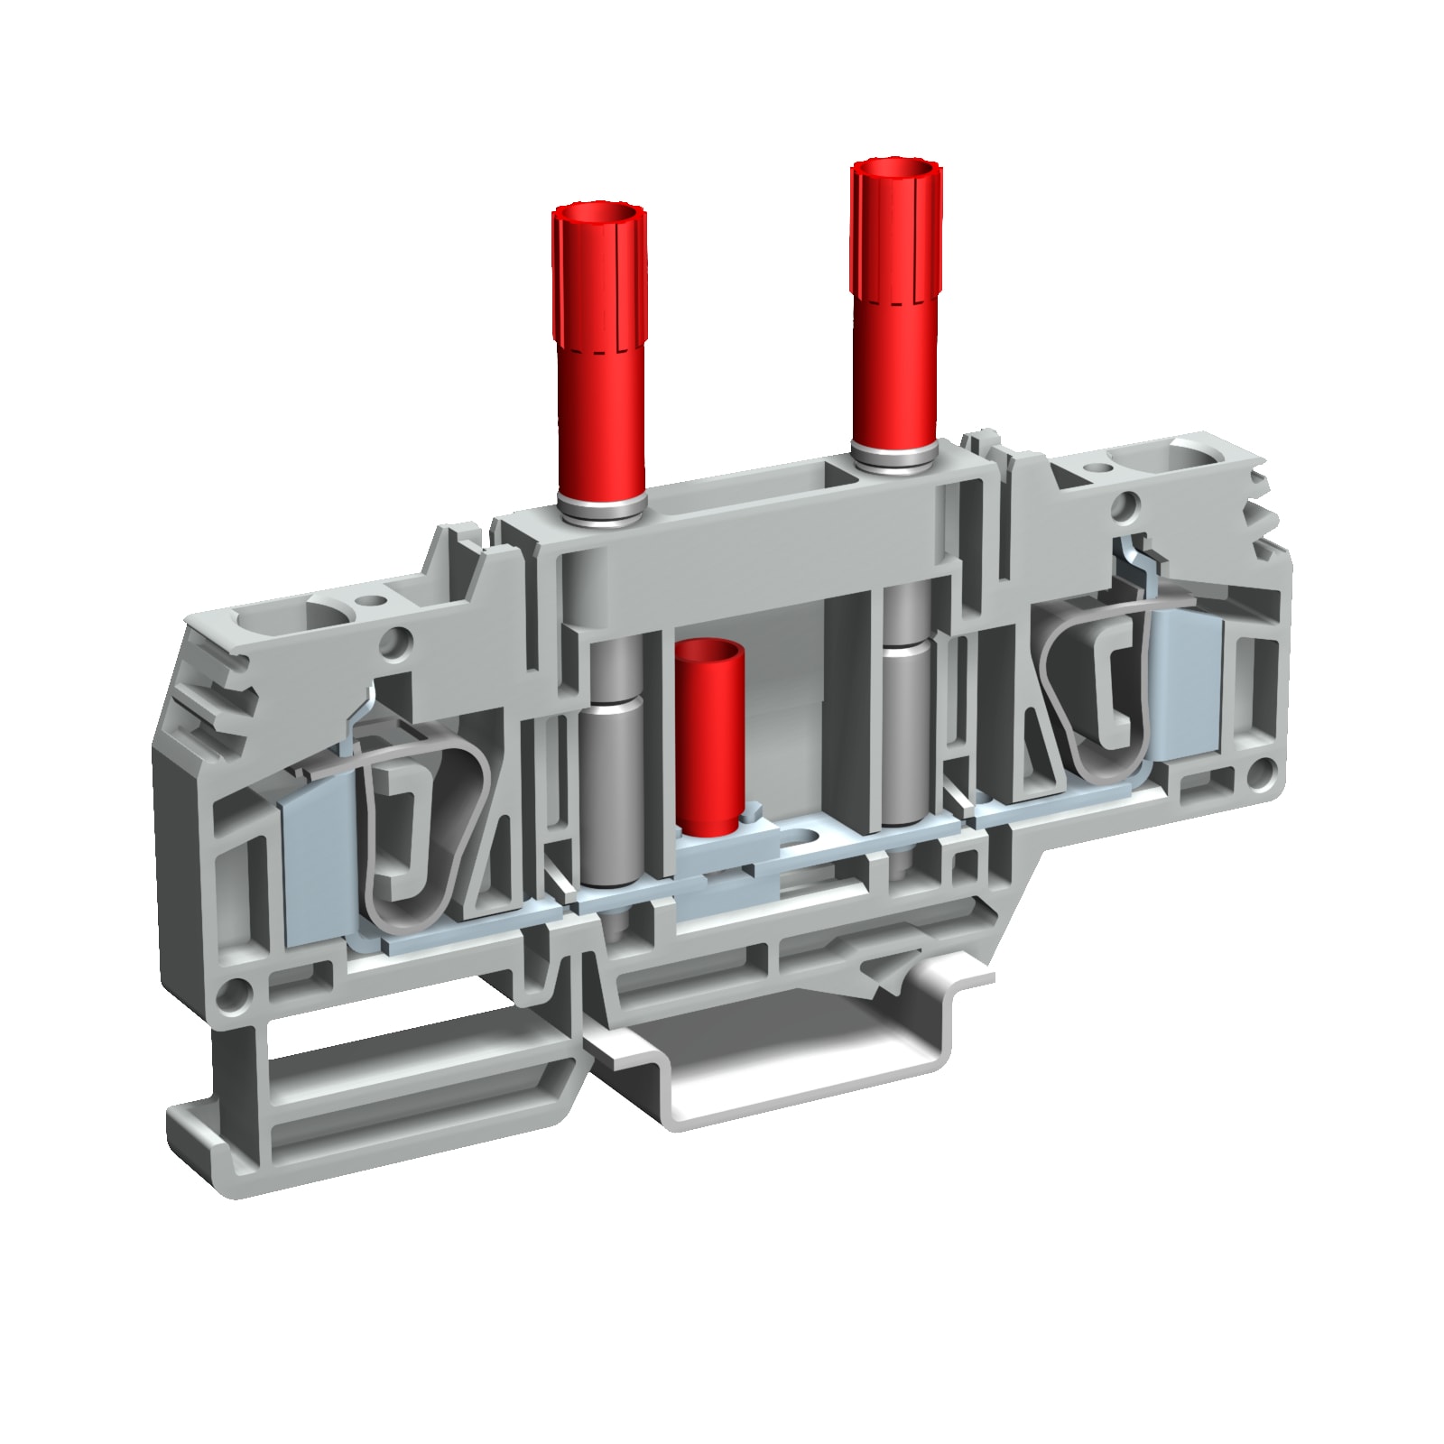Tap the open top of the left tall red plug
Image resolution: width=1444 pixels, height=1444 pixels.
pyautogui.click(x=599, y=218)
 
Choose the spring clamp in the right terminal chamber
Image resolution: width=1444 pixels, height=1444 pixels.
pyautogui.click(x=1101, y=695)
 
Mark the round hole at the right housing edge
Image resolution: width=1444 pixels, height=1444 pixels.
pyautogui.click(x=1263, y=772)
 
